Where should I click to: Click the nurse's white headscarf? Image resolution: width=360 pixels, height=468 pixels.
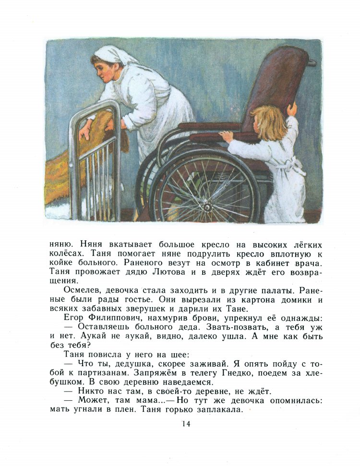[115, 54]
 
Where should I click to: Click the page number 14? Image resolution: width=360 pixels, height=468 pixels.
[186, 423]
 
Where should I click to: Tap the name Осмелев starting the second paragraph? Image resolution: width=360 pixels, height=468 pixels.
[82, 291]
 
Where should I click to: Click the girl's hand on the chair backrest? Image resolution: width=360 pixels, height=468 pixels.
[291, 110]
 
